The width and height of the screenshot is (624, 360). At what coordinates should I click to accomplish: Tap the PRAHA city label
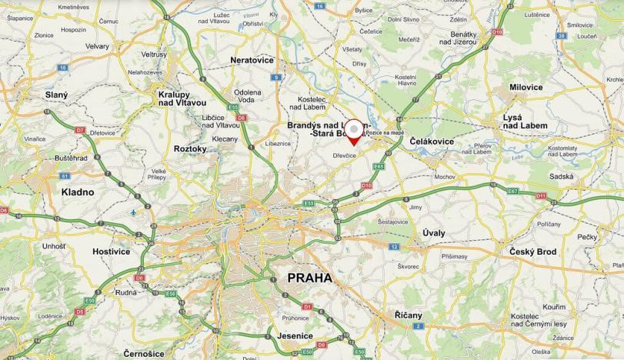click(309, 278)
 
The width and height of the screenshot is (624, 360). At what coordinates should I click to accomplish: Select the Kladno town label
click(79, 192)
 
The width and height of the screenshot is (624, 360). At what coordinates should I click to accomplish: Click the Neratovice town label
click(253, 59)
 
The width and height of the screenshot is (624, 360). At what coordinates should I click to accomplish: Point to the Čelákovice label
click(432, 142)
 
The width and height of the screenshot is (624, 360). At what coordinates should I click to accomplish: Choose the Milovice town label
click(526, 87)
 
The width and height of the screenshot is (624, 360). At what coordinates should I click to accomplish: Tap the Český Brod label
click(532, 252)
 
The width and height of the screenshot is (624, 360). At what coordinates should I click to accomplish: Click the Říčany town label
click(408, 315)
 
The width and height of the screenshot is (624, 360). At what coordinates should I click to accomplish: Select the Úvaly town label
click(434, 232)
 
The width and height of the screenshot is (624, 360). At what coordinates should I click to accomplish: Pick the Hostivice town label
click(112, 251)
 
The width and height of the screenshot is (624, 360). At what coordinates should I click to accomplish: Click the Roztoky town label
click(191, 148)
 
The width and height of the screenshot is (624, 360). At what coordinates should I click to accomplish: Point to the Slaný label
click(56, 95)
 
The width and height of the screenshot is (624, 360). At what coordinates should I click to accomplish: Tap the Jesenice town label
click(295, 335)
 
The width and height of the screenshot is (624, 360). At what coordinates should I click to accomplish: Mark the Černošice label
click(143, 353)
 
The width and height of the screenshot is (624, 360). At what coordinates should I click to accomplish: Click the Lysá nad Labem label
click(525, 121)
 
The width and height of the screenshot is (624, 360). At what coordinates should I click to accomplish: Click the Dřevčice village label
click(344, 155)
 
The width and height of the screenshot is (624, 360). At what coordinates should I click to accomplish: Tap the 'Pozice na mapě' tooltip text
click(384, 132)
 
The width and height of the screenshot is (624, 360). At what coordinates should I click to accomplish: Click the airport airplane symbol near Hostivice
click(134, 212)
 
